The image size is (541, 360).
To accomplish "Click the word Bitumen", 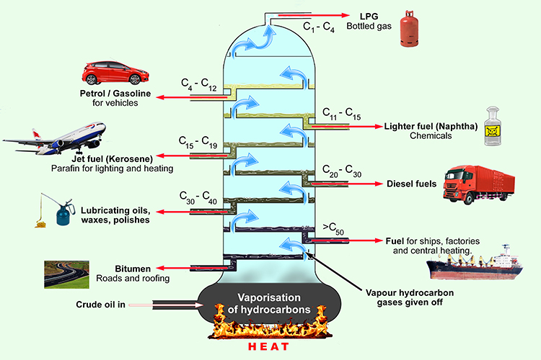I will click(x=132, y=268).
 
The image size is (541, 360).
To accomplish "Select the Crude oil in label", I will click(x=100, y=305).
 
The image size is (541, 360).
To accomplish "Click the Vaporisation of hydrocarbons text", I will click(x=269, y=305).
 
